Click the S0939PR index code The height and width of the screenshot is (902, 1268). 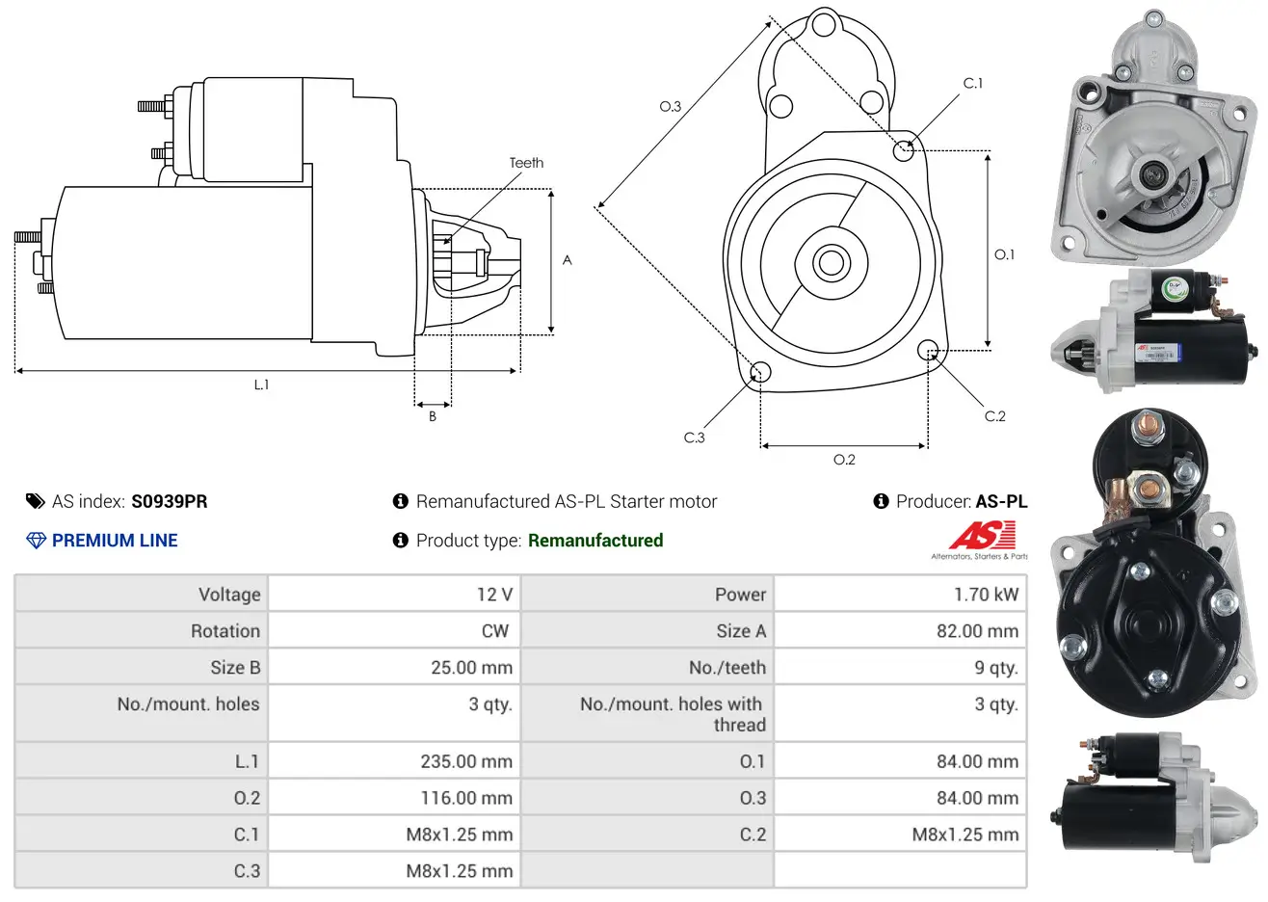point(169,501)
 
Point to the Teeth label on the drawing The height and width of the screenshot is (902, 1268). point(526,163)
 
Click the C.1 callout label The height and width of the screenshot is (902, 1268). point(973,83)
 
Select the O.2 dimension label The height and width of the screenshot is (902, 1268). point(844,460)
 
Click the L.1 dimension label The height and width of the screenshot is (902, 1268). point(261,385)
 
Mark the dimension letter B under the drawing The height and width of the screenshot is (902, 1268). point(433,416)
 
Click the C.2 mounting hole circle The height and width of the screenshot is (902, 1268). point(927,349)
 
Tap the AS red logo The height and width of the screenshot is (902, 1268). point(982,536)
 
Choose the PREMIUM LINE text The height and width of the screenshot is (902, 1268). point(115,541)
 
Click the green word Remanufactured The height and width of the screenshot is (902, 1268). point(595,541)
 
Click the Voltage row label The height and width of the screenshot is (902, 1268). point(229,595)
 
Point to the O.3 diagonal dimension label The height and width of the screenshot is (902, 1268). point(670,106)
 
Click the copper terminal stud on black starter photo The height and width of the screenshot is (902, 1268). point(1147,424)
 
